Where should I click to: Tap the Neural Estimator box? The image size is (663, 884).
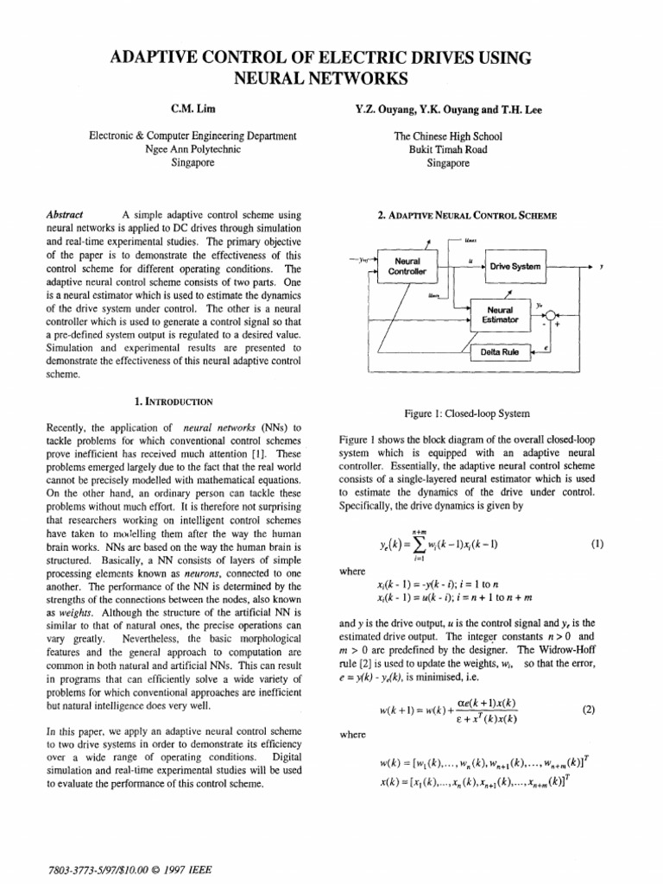point(500,314)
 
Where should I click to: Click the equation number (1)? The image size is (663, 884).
point(595,545)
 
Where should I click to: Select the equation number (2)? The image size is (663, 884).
point(589,710)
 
